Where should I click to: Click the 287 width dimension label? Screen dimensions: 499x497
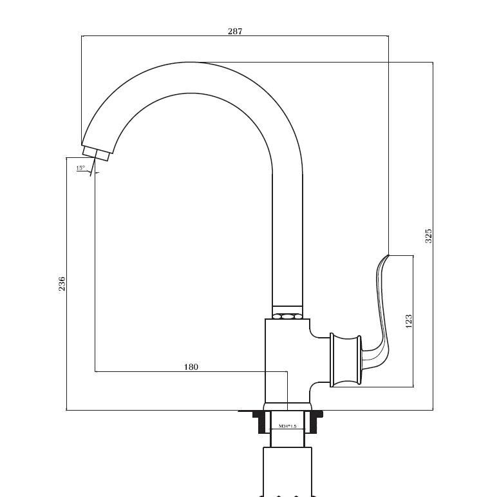click(x=235, y=31)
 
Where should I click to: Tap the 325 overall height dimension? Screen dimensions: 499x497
click(x=429, y=236)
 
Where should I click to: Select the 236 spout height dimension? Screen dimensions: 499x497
click(x=62, y=284)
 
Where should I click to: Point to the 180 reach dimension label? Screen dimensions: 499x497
click(x=191, y=367)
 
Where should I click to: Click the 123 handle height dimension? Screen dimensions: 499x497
click(x=409, y=321)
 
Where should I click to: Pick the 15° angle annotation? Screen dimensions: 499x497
click(x=80, y=168)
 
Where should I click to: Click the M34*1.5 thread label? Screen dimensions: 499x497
click(x=287, y=426)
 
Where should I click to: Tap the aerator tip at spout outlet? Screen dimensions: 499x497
click(x=96, y=154)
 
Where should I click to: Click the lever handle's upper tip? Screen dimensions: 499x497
click(x=388, y=255)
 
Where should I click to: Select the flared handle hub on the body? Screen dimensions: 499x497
click(x=345, y=360)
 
